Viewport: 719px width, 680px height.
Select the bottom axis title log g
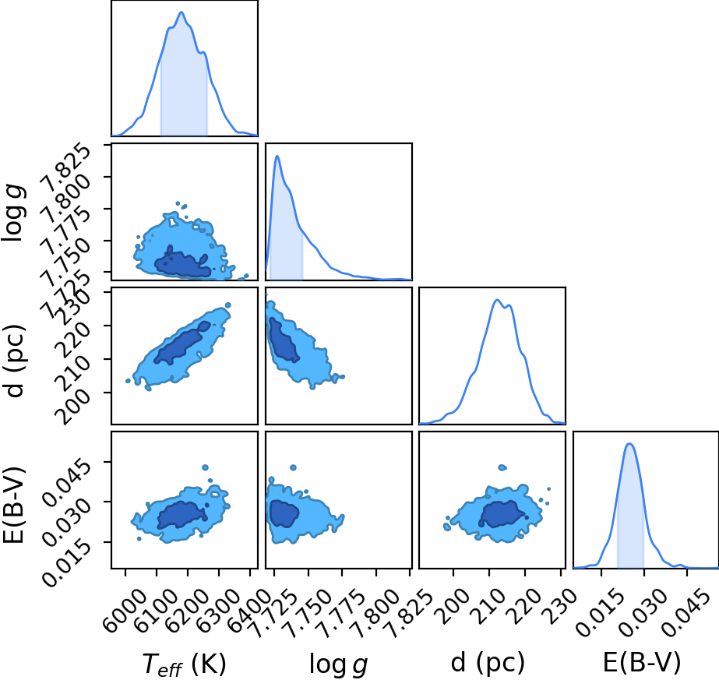(338, 664)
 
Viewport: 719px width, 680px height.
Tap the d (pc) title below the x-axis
(488, 663)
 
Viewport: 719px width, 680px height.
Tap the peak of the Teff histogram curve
(182, 12)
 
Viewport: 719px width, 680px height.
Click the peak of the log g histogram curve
(277, 156)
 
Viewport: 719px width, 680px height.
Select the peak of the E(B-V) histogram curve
(630, 443)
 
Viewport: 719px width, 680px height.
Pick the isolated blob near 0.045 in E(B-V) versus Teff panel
(206, 467)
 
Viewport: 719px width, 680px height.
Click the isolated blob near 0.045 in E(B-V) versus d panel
(502, 467)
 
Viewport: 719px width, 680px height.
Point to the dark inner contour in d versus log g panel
(283, 340)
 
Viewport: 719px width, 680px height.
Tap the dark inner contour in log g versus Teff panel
(182, 262)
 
